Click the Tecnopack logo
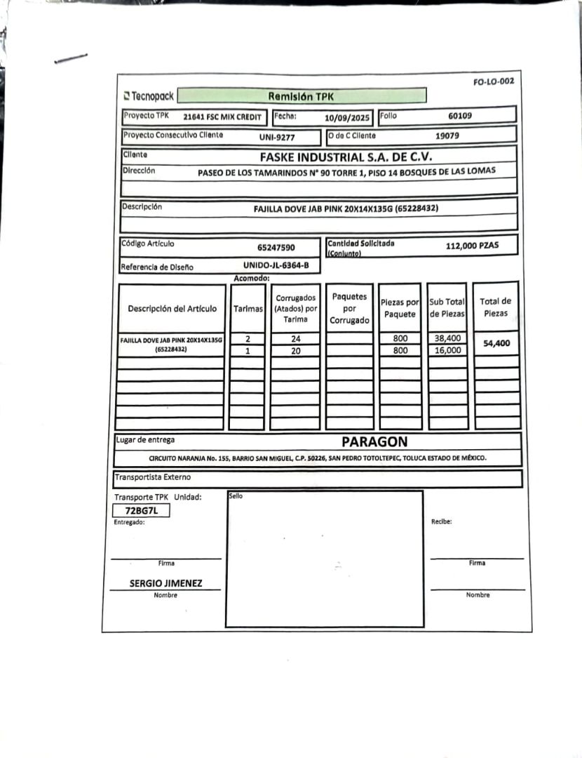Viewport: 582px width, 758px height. click(148, 96)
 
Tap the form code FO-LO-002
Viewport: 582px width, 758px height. click(493, 81)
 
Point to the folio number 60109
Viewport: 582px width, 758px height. click(460, 116)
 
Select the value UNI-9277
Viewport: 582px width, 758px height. click(277, 137)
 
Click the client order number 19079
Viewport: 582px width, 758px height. click(447, 135)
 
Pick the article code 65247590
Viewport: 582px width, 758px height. click(276, 247)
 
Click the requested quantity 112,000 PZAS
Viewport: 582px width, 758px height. click(471, 246)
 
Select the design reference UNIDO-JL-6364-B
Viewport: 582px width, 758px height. click(276, 265)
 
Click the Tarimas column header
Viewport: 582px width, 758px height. click(248, 309)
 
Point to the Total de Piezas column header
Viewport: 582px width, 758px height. click(496, 307)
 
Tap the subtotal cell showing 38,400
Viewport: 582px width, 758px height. click(447, 338)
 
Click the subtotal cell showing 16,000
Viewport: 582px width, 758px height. click(447, 350)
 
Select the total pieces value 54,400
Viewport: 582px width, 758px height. click(496, 344)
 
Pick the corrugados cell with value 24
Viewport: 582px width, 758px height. click(295, 338)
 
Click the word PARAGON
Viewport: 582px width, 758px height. click(374, 441)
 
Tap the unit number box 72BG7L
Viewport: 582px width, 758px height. click(141, 510)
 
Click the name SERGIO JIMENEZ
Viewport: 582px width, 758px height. click(165, 583)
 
